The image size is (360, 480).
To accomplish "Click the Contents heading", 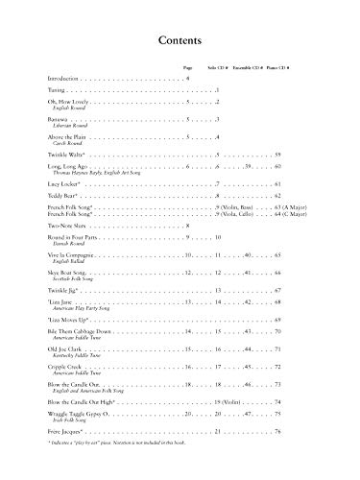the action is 180,42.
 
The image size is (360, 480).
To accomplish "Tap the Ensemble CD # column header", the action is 244,69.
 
